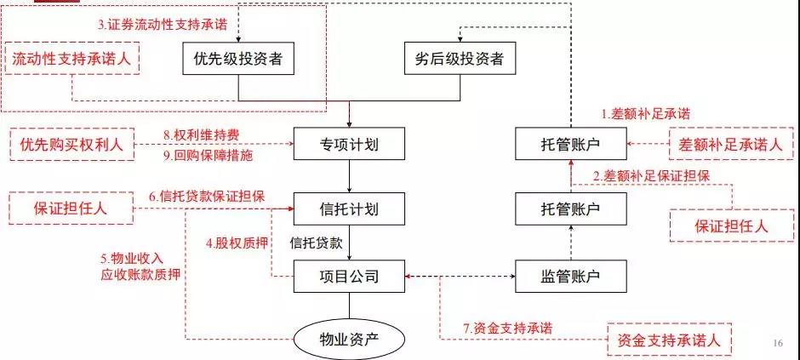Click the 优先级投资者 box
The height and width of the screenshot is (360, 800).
point(238,59)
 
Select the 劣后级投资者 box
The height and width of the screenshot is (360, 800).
point(460,59)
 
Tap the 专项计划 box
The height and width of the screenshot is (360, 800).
point(349,145)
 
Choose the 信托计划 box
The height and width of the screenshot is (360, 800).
point(349,209)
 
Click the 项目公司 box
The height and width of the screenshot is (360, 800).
point(349,277)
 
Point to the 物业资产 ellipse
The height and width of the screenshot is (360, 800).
point(349,339)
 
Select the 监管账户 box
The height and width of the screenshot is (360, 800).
point(571,277)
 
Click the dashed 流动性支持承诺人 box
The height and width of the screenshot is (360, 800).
point(71,59)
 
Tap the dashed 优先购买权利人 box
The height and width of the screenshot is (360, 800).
point(71,145)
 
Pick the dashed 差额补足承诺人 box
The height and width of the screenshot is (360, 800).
point(731,145)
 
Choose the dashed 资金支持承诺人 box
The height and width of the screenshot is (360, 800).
point(670,339)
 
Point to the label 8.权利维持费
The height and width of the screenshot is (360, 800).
point(202,134)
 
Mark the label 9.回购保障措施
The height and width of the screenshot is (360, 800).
point(209,156)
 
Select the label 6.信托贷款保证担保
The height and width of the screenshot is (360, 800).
point(207,197)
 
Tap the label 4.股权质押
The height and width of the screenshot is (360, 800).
point(237,243)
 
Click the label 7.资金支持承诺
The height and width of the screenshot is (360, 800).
point(507,328)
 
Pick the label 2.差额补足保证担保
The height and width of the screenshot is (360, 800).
point(652,176)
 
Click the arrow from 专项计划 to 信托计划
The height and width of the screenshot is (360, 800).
point(350,176)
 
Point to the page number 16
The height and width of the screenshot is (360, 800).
point(778,343)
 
